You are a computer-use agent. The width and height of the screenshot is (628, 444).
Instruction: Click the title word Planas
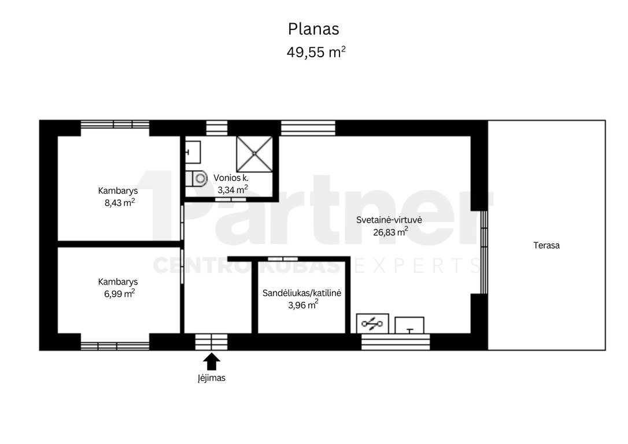pyautogui.click(x=313, y=29)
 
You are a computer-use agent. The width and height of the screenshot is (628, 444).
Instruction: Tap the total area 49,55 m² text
pyautogui.click(x=316, y=52)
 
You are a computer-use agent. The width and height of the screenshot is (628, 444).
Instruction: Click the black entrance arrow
pyautogui.click(x=212, y=361)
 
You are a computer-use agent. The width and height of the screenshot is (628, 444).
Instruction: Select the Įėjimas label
pyautogui.click(x=212, y=378)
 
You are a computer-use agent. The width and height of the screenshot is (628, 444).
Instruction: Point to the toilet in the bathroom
pyautogui.click(x=196, y=179)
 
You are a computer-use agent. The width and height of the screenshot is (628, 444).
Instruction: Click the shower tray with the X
pyautogui.click(x=254, y=154)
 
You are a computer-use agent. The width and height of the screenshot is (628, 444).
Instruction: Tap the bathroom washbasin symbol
pyautogui.click(x=193, y=152)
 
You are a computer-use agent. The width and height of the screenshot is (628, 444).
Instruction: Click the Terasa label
pyautogui.click(x=546, y=246)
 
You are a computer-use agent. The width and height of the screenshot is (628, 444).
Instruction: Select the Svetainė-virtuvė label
pyautogui.click(x=389, y=220)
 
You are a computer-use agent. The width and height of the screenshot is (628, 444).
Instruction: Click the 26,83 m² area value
pyautogui.click(x=390, y=231)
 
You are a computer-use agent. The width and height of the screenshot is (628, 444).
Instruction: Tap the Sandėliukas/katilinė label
pyautogui.click(x=302, y=293)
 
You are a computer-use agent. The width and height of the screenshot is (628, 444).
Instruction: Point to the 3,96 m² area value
pyautogui.click(x=303, y=305)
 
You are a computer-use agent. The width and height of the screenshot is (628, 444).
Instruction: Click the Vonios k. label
pyautogui.click(x=231, y=178)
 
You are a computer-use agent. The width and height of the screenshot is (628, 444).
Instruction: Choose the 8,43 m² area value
pyautogui.click(x=119, y=202)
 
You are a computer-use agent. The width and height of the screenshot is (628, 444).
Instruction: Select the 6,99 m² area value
pyautogui.click(x=119, y=294)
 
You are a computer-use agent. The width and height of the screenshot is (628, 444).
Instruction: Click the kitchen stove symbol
pyautogui.click(x=372, y=324)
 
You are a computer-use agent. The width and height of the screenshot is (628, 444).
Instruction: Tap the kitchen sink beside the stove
pyautogui.click(x=409, y=325)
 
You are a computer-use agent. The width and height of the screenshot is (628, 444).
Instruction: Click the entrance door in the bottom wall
pyautogui.click(x=212, y=342)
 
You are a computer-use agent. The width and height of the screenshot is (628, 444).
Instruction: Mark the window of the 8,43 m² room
pyautogui.click(x=115, y=124)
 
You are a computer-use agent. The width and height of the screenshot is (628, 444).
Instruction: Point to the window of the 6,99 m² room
pyautogui.click(x=115, y=346)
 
